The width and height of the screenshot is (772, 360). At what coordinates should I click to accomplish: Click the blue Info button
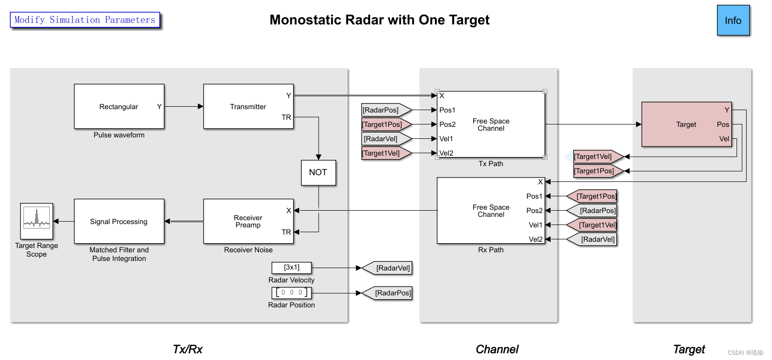pyautogui.click(x=733, y=21)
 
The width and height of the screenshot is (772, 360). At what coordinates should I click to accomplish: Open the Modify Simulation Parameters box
pyautogui.click(x=85, y=20)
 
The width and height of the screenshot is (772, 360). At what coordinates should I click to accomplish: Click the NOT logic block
pyautogui.click(x=318, y=172)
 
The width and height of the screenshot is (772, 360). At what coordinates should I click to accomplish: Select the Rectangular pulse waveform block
pyautogui.click(x=119, y=107)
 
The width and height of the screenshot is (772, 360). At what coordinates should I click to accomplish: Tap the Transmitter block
pyautogui.click(x=248, y=107)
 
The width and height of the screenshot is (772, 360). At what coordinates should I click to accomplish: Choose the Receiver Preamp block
pyautogui.click(x=248, y=221)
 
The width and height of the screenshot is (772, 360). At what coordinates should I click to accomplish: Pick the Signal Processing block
pyautogui.click(x=119, y=221)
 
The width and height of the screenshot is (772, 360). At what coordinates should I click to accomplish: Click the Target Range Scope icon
pyautogui.click(x=36, y=221)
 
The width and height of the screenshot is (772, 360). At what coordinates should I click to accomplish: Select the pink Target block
pyautogui.click(x=686, y=124)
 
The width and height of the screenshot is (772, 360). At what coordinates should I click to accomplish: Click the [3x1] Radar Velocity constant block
pyautogui.click(x=291, y=268)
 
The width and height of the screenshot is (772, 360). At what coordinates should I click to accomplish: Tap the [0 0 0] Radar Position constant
pyautogui.click(x=291, y=292)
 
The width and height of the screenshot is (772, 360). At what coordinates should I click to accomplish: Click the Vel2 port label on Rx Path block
pyautogui.click(x=535, y=239)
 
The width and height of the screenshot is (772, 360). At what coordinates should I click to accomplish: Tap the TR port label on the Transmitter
pyautogui.click(x=286, y=117)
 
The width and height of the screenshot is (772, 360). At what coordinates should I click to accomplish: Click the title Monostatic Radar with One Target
pyautogui.click(x=379, y=20)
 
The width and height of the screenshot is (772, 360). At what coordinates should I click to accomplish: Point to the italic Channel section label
pyautogui.click(x=497, y=349)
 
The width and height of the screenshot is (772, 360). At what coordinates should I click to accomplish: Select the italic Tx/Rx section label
pyautogui.click(x=187, y=349)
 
